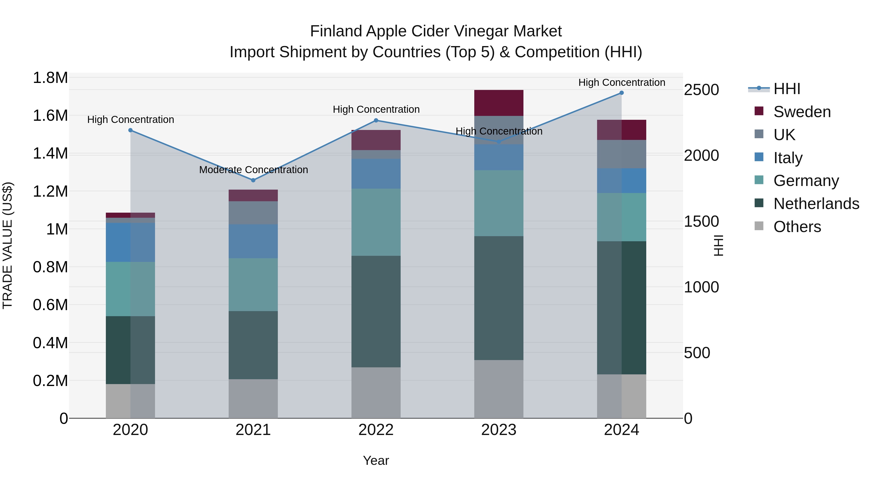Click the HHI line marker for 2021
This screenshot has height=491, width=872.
[x=253, y=180]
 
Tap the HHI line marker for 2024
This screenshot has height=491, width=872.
[x=622, y=93]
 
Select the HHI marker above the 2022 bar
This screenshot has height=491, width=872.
[x=376, y=120]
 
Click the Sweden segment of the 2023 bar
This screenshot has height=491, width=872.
[x=499, y=103]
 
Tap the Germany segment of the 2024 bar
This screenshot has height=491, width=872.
[x=622, y=217]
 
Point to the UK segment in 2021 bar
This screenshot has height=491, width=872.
[x=253, y=213]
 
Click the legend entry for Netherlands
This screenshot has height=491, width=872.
[x=816, y=204]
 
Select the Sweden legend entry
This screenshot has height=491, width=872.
[x=802, y=112]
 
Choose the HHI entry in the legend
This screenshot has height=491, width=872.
[x=786, y=89]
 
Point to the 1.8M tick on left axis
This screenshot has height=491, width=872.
[x=50, y=78]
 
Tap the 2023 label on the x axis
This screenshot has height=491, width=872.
[x=499, y=430]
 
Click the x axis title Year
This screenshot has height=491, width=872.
[x=376, y=460]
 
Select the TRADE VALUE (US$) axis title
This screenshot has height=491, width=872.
[x=8, y=245]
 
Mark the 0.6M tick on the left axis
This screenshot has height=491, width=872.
[x=50, y=305]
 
